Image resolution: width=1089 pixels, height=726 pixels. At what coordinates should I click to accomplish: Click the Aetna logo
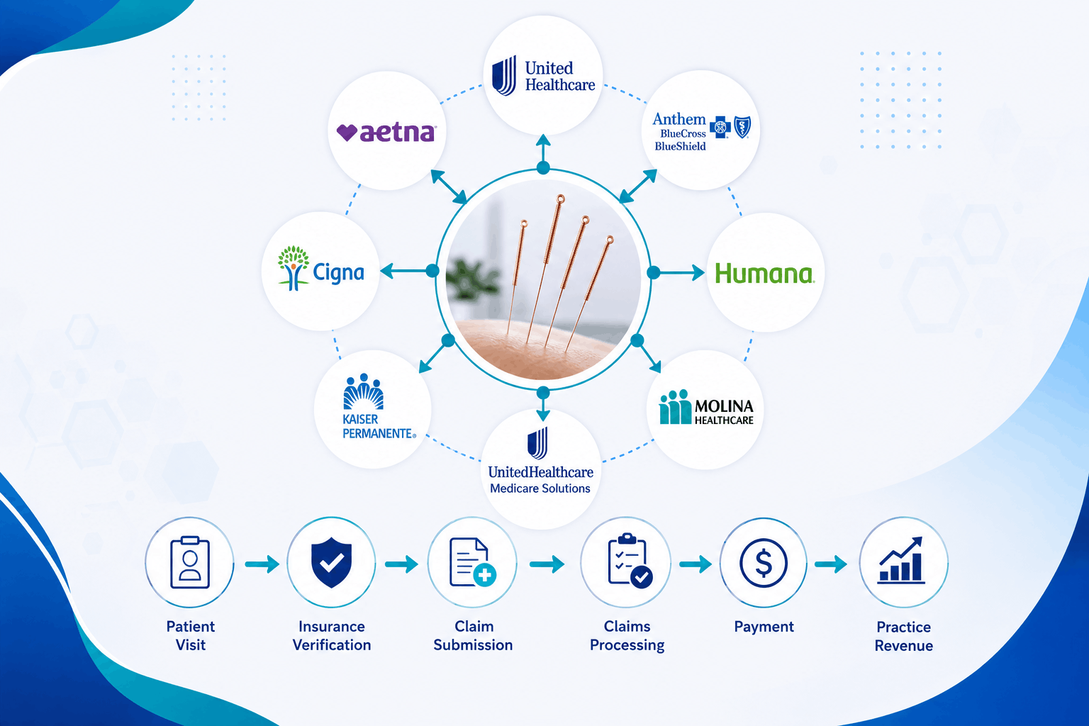386,133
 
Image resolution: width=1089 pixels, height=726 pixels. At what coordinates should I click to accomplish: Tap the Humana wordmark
765,273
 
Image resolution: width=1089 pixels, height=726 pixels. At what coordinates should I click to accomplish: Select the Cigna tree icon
293,268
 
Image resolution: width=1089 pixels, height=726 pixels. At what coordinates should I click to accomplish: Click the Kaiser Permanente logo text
379,427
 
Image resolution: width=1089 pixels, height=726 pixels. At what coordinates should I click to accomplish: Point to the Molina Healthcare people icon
675,407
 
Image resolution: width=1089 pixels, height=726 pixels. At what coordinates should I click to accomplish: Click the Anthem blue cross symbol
720,128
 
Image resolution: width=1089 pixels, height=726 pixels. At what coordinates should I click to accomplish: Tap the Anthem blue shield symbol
742,127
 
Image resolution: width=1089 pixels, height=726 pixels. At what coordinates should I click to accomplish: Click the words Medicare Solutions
540,488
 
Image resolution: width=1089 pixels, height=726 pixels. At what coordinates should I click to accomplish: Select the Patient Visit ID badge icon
190,562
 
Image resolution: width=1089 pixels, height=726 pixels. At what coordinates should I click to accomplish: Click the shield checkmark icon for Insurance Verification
331,562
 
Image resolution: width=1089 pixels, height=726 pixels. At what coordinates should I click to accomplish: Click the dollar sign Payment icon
764,563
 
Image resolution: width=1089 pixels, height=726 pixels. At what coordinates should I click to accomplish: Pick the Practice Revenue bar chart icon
901,559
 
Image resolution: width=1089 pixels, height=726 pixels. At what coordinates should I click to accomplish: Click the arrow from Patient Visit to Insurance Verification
262,564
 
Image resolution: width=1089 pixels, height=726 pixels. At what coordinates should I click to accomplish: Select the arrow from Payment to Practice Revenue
831,564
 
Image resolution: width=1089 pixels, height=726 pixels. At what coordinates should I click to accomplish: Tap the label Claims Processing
627,635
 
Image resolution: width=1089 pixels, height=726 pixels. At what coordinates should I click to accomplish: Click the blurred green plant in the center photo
471,279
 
